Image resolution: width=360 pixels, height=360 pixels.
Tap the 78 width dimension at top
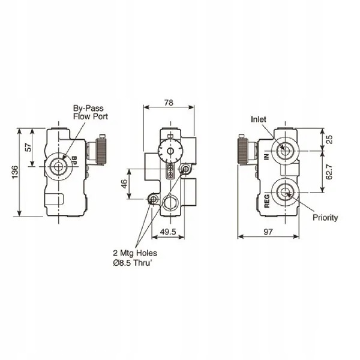[x=169, y=103]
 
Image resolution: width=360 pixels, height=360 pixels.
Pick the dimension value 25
[x=329, y=139]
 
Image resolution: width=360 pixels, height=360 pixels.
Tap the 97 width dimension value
[x=269, y=230]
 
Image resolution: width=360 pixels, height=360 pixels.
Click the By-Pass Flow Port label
[x=88, y=113]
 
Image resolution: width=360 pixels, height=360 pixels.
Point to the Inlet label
[x=259, y=119]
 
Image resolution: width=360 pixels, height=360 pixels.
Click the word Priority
[x=325, y=218]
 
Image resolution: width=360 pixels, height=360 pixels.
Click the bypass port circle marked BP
[x=59, y=166]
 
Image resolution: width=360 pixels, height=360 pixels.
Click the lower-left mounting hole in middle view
[x=153, y=199]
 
